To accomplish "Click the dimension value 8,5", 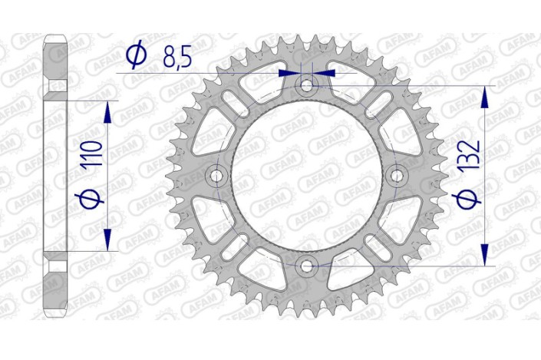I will pyautogui.click(x=179, y=54).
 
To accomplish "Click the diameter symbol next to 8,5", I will pyautogui.click(x=137, y=54).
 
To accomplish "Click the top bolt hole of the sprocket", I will pyautogui.click(x=308, y=86).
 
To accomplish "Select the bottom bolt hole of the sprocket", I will pyautogui.click(x=308, y=266).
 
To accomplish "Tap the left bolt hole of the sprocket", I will pyautogui.click(x=217, y=176).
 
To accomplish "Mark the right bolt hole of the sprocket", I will pyautogui.click(x=398, y=176).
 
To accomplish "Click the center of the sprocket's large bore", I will pyautogui.click(x=308, y=176).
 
